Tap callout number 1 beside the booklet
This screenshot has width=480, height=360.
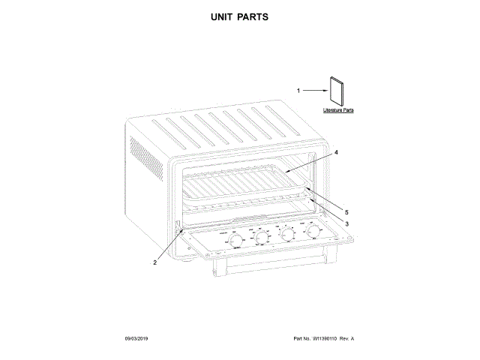tap(298, 91)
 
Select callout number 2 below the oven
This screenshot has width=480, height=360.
tap(154, 262)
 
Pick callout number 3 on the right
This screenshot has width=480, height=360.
tap(346, 223)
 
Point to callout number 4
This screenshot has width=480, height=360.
tap(336, 152)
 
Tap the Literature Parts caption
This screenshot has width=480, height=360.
tap(338, 110)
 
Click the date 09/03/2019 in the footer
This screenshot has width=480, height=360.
tap(137, 339)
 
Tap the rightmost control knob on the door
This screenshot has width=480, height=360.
tap(313, 233)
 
